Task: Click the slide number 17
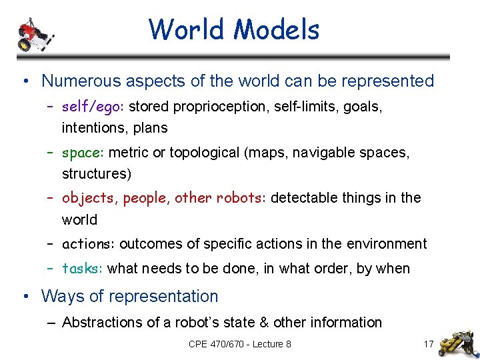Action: coord(429,345)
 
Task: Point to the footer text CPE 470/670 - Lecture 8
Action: coord(239,345)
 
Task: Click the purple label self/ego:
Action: coord(93,107)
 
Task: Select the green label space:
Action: coord(83,153)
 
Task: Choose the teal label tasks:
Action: coord(82,269)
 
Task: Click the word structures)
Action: coord(97,174)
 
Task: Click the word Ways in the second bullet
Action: coord(59,296)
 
